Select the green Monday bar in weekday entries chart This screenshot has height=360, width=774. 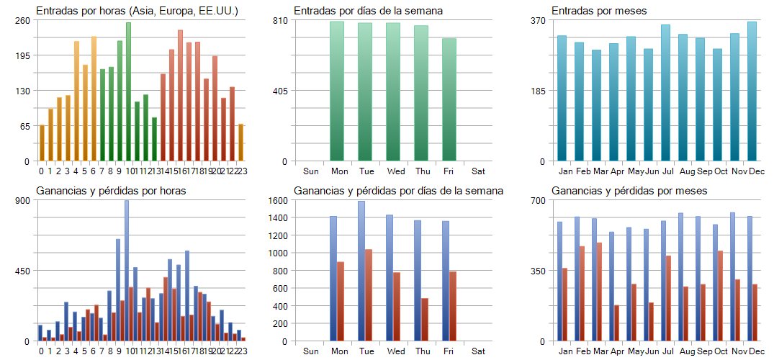[x=337, y=91]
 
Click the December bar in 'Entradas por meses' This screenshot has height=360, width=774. [x=752, y=91]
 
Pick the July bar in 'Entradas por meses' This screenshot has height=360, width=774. [x=665, y=93]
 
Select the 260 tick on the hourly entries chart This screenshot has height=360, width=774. [x=22, y=20]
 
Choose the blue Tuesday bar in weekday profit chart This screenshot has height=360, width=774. [x=361, y=271]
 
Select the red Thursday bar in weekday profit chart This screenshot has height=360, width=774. [x=425, y=319]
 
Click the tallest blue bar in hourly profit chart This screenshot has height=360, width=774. [x=127, y=271]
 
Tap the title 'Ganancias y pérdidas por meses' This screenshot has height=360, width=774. [x=629, y=191]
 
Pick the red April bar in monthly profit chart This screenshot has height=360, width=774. [x=616, y=323]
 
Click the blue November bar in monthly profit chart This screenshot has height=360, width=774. [x=732, y=276]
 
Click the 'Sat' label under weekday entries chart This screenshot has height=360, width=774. [x=479, y=171]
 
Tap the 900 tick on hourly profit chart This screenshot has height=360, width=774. [x=22, y=200]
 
